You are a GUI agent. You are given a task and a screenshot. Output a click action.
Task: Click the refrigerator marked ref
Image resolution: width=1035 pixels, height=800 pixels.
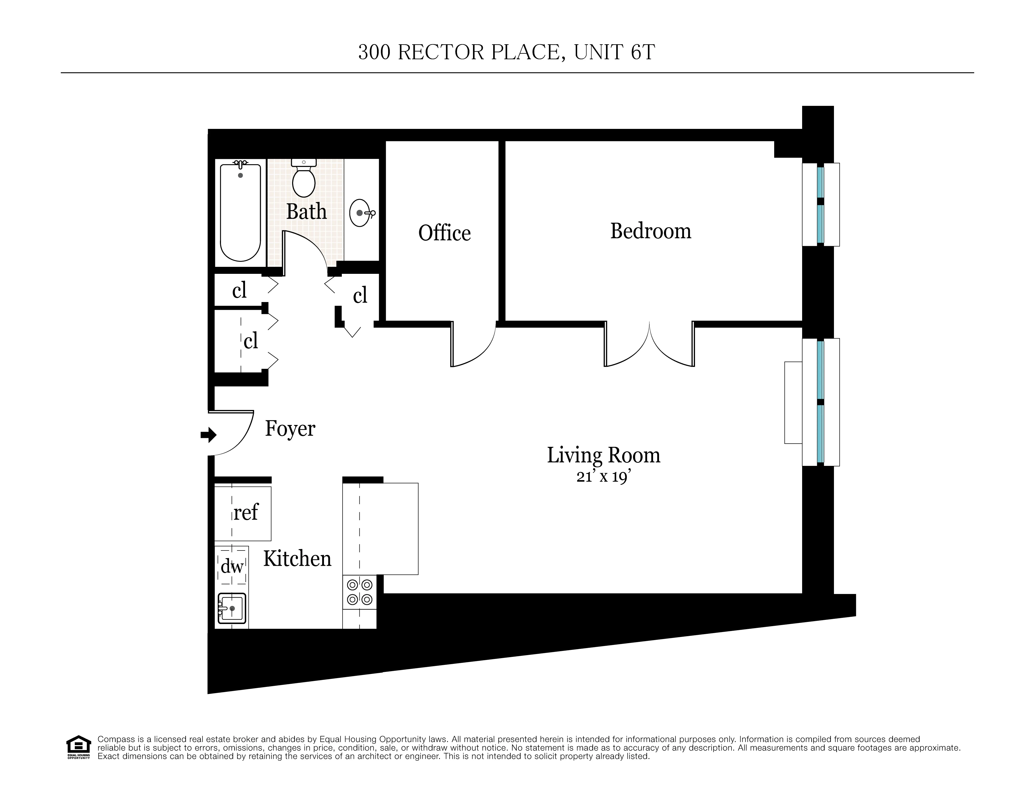[x=243, y=513]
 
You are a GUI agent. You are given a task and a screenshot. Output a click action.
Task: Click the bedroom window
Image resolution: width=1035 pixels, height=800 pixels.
[x=820, y=205]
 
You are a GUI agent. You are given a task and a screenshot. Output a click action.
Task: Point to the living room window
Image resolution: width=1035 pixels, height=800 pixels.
[x=820, y=402]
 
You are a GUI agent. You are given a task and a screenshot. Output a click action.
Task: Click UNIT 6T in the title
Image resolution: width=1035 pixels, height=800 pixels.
[x=614, y=52]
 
